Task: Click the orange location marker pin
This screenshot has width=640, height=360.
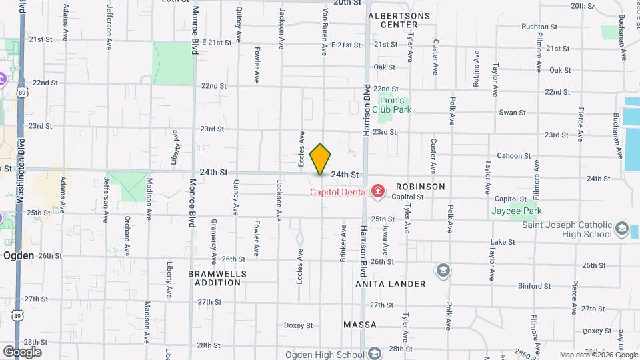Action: pyautogui.click(x=321, y=159)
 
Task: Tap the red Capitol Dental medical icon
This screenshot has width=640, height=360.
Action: pyautogui.click(x=378, y=193)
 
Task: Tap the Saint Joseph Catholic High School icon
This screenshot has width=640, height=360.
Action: pyautogui.click(x=621, y=229)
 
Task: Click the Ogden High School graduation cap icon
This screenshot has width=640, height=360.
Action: pyautogui.click(x=375, y=353)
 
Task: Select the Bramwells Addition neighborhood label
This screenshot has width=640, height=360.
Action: pyautogui.click(x=217, y=278)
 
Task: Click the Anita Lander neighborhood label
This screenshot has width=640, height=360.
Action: pyautogui.click(x=391, y=284)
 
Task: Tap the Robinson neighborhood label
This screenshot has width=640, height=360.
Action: pyautogui.click(x=420, y=187)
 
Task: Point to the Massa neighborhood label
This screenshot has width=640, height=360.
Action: pyautogui.click(x=360, y=325)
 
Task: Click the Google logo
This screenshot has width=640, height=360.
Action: pyautogui.click(x=22, y=351)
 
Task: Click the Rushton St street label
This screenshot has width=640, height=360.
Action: pyautogui.click(x=539, y=27)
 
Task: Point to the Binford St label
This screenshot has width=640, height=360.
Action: pyautogui.click(x=534, y=286)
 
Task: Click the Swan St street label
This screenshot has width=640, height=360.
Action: pyautogui.click(x=513, y=113)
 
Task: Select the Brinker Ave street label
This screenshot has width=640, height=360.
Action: pyautogui.click(x=344, y=243)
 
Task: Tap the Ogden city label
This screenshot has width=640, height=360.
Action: pyautogui.click(x=19, y=255)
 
